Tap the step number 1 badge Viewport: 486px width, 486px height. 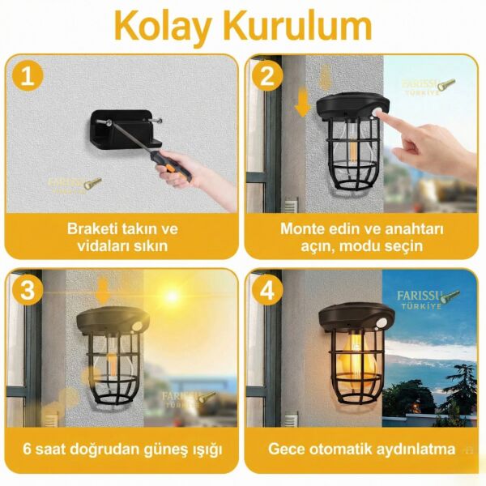coord(28,78)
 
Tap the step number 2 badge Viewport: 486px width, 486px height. coord(265,78)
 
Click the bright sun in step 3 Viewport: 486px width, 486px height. coord(172,296)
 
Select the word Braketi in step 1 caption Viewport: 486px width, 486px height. coord(92,228)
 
